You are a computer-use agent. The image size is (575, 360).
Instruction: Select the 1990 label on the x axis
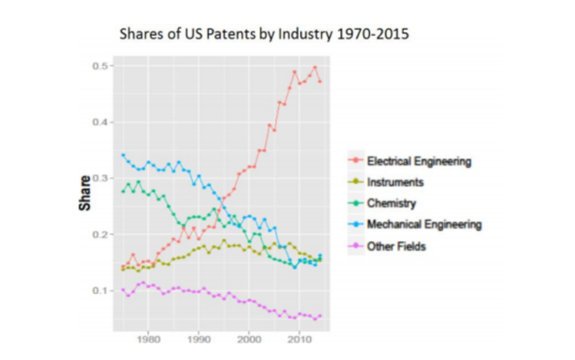pyautogui.click(x=199, y=339)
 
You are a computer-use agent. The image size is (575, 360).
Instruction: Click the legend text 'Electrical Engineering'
pyautogui.click(x=418, y=161)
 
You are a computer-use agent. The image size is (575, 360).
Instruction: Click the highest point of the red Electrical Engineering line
pyautogui.click(x=315, y=68)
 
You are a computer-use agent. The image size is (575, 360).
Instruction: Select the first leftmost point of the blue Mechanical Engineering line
pyautogui.click(x=124, y=155)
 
